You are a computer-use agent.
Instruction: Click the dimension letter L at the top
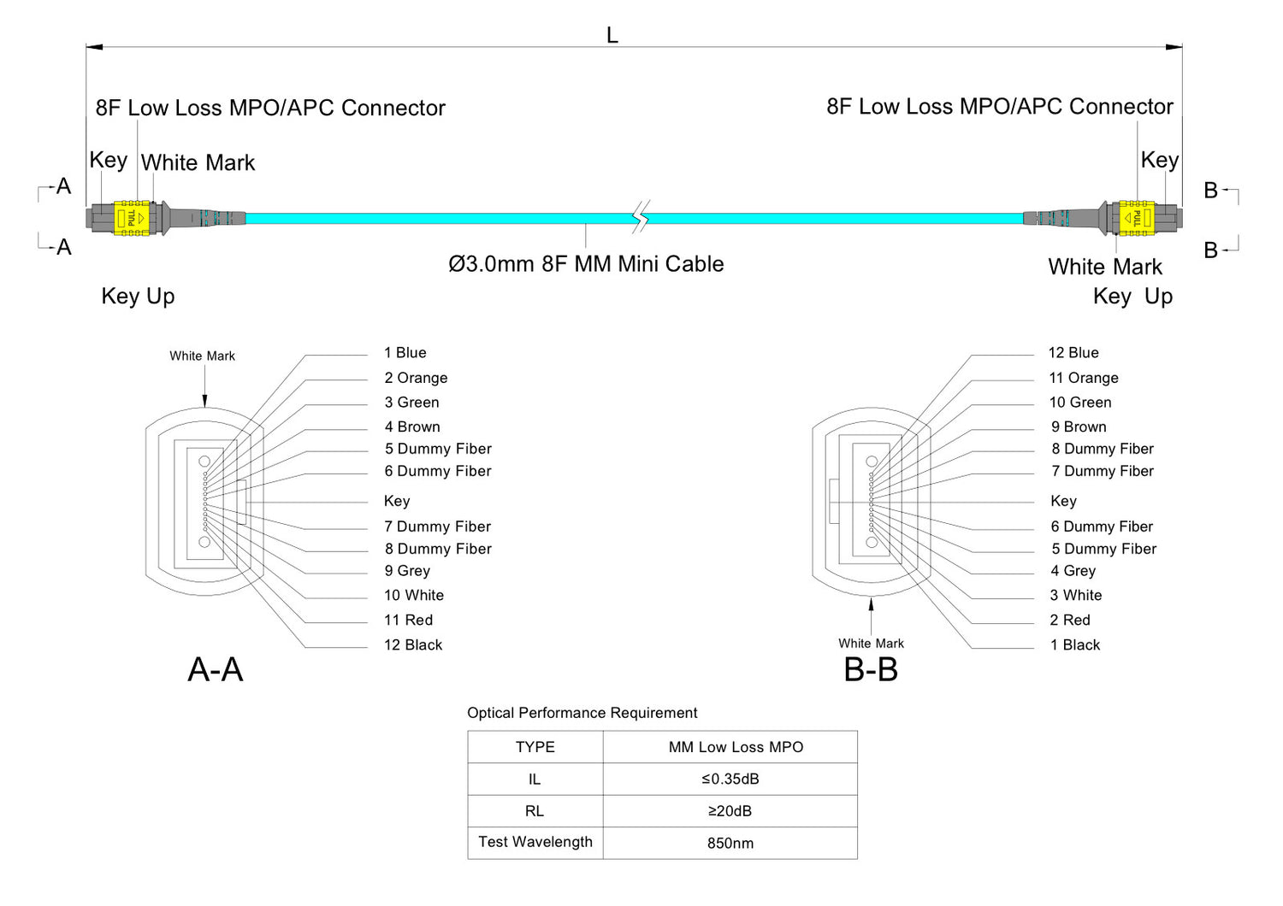pyautogui.click(x=612, y=35)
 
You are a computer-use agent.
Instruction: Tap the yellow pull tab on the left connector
pyautogui.click(x=132, y=218)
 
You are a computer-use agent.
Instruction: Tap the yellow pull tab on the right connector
pyautogui.click(x=1136, y=218)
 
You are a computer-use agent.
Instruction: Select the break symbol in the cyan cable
pyautogui.click(x=641, y=217)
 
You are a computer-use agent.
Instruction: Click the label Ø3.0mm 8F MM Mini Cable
pyautogui.click(x=586, y=264)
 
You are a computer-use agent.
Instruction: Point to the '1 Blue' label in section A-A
pyautogui.click(x=405, y=353)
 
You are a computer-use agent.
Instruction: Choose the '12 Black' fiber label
pyautogui.click(x=413, y=645)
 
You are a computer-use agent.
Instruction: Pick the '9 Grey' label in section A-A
pyautogui.click(x=407, y=571)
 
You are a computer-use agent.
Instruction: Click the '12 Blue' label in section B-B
pyautogui.click(x=1073, y=353)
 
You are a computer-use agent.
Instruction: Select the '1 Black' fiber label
pyautogui.click(x=1075, y=645)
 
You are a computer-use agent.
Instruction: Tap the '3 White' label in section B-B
pyautogui.click(x=1076, y=596)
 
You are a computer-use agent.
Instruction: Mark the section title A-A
pyautogui.click(x=216, y=670)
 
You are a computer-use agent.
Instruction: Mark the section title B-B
pyautogui.click(x=871, y=670)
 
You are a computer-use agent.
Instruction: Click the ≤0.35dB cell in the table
pyautogui.click(x=730, y=780)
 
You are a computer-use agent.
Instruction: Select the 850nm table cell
pyautogui.click(x=730, y=844)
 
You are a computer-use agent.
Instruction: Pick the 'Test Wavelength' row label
pyautogui.click(x=535, y=842)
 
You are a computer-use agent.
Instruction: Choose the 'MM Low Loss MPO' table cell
pyautogui.click(x=736, y=748)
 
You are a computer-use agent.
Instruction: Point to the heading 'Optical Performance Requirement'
pyautogui.click(x=582, y=713)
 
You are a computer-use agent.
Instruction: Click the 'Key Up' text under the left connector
pyautogui.click(x=138, y=297)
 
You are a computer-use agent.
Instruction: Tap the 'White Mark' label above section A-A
pyautogui.click(x=202, y=356)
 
